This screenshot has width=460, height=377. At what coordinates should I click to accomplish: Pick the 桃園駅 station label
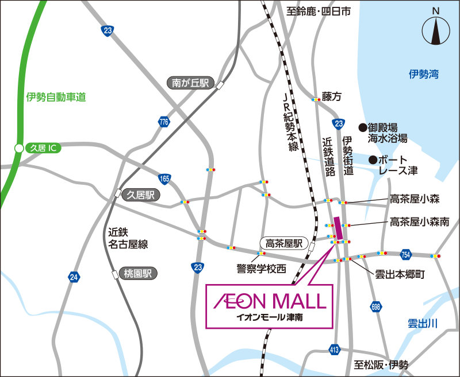[x=137, y=274]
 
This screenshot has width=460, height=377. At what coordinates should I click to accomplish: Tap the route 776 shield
[x=164, y=122]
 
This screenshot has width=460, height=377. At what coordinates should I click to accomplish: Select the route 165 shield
[x=165, y=178]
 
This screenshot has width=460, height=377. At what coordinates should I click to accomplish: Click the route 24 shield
[x=73, y=277]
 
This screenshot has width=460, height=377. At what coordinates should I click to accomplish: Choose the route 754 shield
[x=406, y=254]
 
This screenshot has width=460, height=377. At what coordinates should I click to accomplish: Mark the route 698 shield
[x=376, y=307]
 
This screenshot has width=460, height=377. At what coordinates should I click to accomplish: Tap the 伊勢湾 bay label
[x=424, y=74]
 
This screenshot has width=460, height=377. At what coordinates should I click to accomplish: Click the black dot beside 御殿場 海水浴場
[x=363, y=127]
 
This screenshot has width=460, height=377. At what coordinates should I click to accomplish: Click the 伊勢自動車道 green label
[x=56, y=98]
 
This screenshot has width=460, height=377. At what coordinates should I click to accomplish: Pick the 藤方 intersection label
[x=332, y=97]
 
